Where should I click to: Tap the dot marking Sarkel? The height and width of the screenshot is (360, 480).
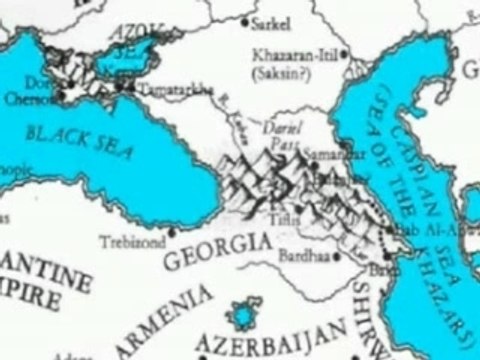point(250,20)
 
